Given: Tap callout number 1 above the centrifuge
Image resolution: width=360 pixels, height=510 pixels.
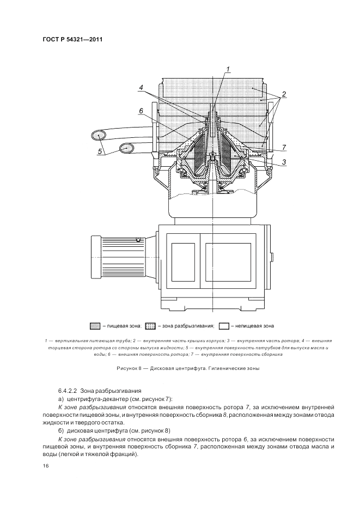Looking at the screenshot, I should [x=229, y=69].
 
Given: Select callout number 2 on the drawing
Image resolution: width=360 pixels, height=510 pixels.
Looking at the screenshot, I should [x=284, y=94].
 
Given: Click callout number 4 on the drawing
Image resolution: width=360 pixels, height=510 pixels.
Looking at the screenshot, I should [x=141, y=87].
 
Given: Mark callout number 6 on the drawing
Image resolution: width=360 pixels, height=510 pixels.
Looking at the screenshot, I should [x=141, y=111].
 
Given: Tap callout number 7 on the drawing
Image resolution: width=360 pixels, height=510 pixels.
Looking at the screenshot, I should [x=284, y=147].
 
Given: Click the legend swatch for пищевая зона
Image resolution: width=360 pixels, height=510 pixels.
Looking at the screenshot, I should [x=95, y=326].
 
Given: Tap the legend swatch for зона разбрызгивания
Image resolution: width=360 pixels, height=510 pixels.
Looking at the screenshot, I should [x=151, y=326].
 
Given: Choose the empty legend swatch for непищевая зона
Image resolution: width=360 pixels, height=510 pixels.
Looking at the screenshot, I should [x=224, y=326].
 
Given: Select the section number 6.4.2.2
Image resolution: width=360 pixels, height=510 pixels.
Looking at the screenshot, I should [x=68, y=391].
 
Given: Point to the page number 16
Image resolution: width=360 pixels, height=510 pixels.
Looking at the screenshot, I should [x=45, y=466].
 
